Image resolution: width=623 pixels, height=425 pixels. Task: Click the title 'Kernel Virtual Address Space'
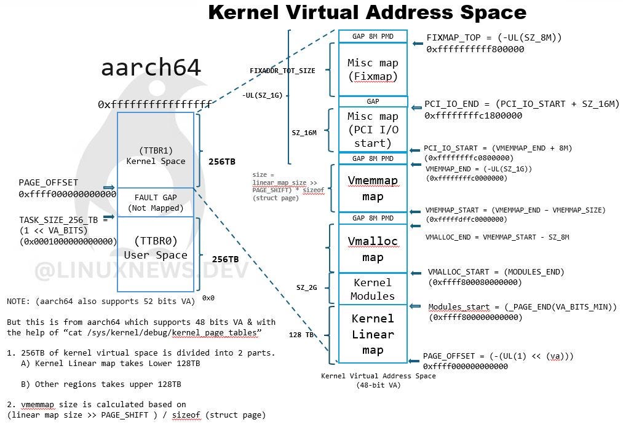(x=367, y=12)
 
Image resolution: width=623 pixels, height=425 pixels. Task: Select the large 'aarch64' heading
(x=151, y=68)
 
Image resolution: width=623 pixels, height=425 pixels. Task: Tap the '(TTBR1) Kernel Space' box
(x=156, y=150)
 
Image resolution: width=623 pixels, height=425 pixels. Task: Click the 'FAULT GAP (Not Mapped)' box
(x=156, y=202)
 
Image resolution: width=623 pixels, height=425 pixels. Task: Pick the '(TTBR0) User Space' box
(x=156, y=248)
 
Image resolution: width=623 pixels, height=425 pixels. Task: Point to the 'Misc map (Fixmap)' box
(x=373, y=69)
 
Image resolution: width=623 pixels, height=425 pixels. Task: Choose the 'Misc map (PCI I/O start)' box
(x=373, y=130)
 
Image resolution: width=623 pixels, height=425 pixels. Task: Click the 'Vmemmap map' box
(x=373, y=189)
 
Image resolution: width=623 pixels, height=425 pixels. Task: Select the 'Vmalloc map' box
(x=373, y=249)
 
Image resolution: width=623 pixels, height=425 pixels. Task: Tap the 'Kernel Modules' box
(x=373, y=289)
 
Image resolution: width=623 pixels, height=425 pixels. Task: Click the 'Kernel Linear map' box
(x=373, y=334)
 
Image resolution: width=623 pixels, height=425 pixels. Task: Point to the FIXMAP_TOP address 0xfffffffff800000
(x=475, y=49)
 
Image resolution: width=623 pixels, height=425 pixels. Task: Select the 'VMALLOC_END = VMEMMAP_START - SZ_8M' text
(x=497, y=237)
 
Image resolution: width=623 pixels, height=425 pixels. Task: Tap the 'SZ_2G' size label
(x=307, y=287)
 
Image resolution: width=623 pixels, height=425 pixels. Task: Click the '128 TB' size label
(x=301, y=335)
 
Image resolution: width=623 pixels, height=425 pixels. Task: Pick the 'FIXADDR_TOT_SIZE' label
(x=282, y=71)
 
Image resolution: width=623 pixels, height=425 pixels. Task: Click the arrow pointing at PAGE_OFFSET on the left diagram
(x=109, y=187)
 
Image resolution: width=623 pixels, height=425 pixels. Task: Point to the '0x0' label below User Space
(x=208, y=298)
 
